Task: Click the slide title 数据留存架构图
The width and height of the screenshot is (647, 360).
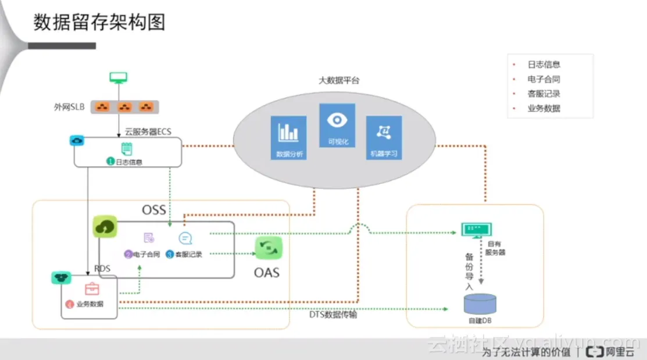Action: [x=99, y=22]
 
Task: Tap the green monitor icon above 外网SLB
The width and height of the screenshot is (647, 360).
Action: [x=119, y=77]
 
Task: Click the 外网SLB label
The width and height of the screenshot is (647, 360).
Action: [x=69, y=107]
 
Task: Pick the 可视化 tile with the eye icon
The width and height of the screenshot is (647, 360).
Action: [x=337, y=125]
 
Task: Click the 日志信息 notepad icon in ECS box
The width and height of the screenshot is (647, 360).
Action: [x=126, y=149]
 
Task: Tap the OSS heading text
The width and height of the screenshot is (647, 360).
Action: [x=154, y=209]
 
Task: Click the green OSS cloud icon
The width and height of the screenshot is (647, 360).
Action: [x=105, y=227]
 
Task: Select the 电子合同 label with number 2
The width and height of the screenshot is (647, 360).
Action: [x=142, y=254]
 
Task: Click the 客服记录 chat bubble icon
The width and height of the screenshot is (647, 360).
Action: [x=185, y=238]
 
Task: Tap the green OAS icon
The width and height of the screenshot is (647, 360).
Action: [x=268, y=248]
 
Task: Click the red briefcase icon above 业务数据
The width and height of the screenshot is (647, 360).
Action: [x=92, y=289]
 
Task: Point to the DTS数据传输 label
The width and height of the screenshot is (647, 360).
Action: [x=333, y=315]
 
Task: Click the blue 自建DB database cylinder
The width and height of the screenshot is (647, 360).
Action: [x=480, y=304]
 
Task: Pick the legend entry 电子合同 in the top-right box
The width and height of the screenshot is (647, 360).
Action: [x=544, y=79]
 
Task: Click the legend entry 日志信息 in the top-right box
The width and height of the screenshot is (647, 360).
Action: [x=544, y=65]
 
